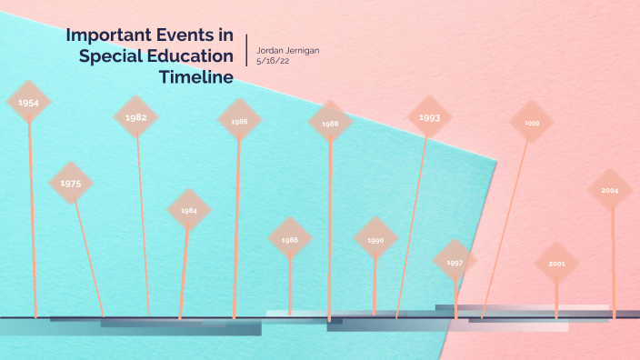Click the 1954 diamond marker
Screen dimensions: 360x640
[x=28, y=103]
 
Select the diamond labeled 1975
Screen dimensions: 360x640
[x=71, y=184]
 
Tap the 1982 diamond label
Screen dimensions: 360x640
[x=136, y=117]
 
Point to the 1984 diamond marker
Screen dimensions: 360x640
[x=188, y=210]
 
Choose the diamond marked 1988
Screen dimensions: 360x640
[x=330, y=123]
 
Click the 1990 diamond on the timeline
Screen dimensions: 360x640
[x=375, y=240]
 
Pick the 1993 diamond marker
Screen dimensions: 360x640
[x=430, y=117]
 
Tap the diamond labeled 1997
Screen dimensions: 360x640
[x=455, y=262]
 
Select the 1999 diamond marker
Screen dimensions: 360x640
[x=532, y=122]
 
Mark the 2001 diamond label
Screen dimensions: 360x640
[x=556, y=264]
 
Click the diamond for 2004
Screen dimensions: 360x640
[x=609, y=191]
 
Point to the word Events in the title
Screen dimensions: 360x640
[x=185, y=35]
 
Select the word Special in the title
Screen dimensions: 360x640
[x=113, y=56]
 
